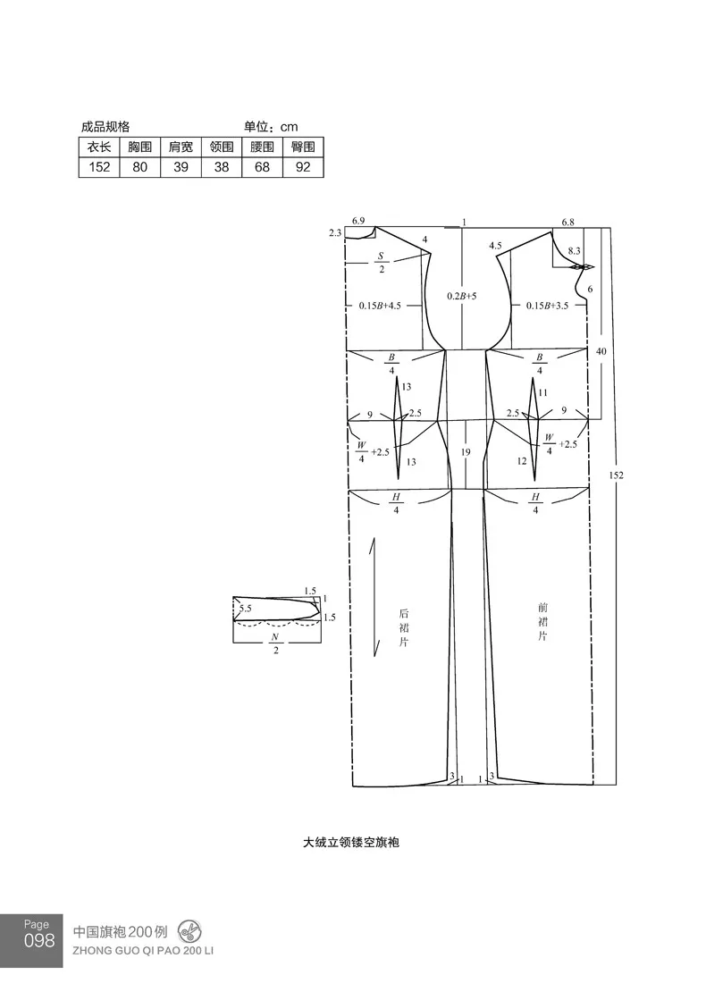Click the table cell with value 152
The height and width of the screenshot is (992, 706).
[99, 167]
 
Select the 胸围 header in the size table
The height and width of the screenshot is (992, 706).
[139, 147]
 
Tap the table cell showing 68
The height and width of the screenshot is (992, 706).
[262, 167]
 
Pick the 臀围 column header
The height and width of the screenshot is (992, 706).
[303, 147]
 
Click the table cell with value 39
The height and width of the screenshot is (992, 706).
[181, 167]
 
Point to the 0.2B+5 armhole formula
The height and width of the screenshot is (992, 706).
[462, 296]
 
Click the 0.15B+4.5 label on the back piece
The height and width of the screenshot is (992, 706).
[380, 306]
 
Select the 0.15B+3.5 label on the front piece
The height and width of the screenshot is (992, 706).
[547, 306]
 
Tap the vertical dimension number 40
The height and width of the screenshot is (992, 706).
[601, 351]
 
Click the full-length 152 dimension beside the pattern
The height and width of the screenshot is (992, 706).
[616, 475]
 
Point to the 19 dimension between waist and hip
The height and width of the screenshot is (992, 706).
[466, 452]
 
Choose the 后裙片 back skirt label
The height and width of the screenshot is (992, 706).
[404, 627]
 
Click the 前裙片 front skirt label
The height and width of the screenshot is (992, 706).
[542, 622]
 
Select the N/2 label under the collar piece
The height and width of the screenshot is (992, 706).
[275, 643]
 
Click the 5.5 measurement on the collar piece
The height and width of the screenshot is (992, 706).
[245, 609]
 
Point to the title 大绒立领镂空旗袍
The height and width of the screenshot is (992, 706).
[351, 843]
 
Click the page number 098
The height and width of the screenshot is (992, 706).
[39, 941]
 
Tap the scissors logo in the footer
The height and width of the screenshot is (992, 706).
[189, 932]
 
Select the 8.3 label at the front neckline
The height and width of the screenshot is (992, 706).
[574, 251]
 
